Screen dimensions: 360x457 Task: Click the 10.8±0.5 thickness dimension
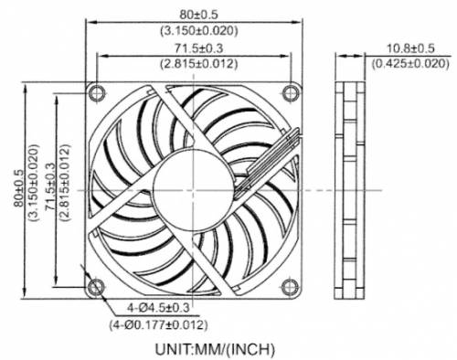(x=409, y=48)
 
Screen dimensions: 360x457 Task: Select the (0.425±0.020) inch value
(x=409, y=63)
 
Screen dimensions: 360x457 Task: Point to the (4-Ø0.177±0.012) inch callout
(x=159, y=323)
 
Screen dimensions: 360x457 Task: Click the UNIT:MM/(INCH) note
(x=217, y=347)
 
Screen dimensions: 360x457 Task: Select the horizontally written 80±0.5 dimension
(x=198, y=13)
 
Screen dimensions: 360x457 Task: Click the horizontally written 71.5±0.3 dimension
(x=198, y=49)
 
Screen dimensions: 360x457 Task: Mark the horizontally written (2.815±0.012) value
(x=198, y=64)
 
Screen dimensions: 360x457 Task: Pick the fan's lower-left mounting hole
(x=95, y=288)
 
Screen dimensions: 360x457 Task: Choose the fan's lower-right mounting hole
(x=291, y=288)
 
